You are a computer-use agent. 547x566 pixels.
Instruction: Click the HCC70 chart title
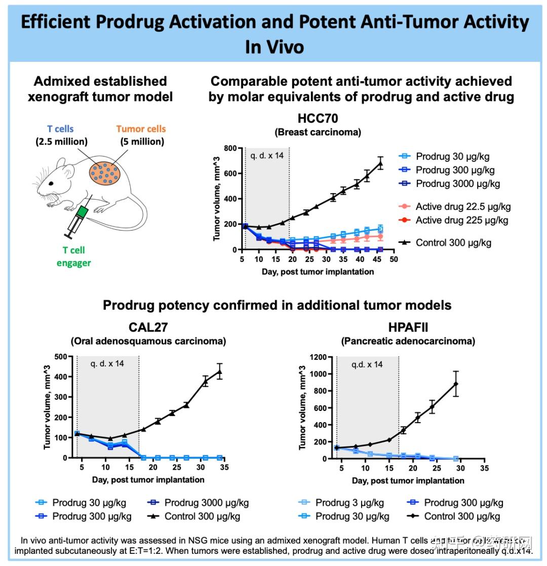pyautogui.click(x=318, y=119)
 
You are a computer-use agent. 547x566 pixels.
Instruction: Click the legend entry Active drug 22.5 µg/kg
pyautogui.click(x=462, y=206)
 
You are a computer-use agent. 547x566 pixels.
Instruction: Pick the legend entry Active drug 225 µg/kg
pyautogui.click(x=461, y=220)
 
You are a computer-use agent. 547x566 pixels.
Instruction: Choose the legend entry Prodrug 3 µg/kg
pyautogui.click(x=349, y=503)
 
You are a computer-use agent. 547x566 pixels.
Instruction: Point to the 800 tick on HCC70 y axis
pyautogui.click(x=231, y=148)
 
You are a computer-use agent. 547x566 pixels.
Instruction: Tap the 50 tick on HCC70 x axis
pyautogui.click(x=394, y=259)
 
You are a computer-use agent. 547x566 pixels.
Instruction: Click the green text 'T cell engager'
pyautogui.click(x=74, y=256)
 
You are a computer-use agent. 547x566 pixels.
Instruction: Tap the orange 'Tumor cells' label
pyautogui.click(x=141, y=129)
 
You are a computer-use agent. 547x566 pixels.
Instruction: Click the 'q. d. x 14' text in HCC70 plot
pyautogui.click(x=266, y=156)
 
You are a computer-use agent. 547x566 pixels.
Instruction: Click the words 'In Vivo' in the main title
pyautogui.click(x=275, y=47)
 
